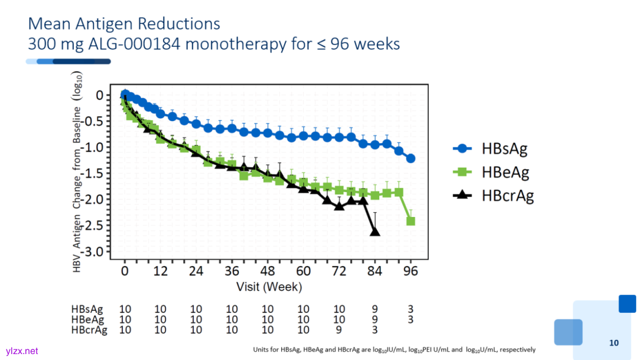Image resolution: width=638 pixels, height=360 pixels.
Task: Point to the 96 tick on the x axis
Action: (x=411, y=271)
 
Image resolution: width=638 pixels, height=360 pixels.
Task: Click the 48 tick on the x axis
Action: (x=268, y=271)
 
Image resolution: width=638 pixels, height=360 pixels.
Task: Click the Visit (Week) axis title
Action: (x=269, y=287)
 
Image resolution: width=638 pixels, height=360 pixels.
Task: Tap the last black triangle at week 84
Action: (x=375, y=231)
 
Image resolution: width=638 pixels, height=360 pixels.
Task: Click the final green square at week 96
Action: (x=411, y=221)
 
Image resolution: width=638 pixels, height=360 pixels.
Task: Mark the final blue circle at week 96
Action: (x=411, y=158)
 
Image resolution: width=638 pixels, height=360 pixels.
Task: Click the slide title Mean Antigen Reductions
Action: (x=124, y=24)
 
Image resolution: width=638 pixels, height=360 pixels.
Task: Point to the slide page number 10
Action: (x=614, y=343)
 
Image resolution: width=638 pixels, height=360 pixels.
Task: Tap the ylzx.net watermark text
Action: (x=22, y=351)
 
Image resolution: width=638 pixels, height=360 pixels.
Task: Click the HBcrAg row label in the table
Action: (x=89, y=330)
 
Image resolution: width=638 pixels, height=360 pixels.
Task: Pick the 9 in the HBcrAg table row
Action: (x=338, y=330)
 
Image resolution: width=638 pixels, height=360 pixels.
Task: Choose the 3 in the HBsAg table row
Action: (x=410, y=309)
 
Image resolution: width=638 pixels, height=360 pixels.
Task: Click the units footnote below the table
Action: (x=394, y=349)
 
